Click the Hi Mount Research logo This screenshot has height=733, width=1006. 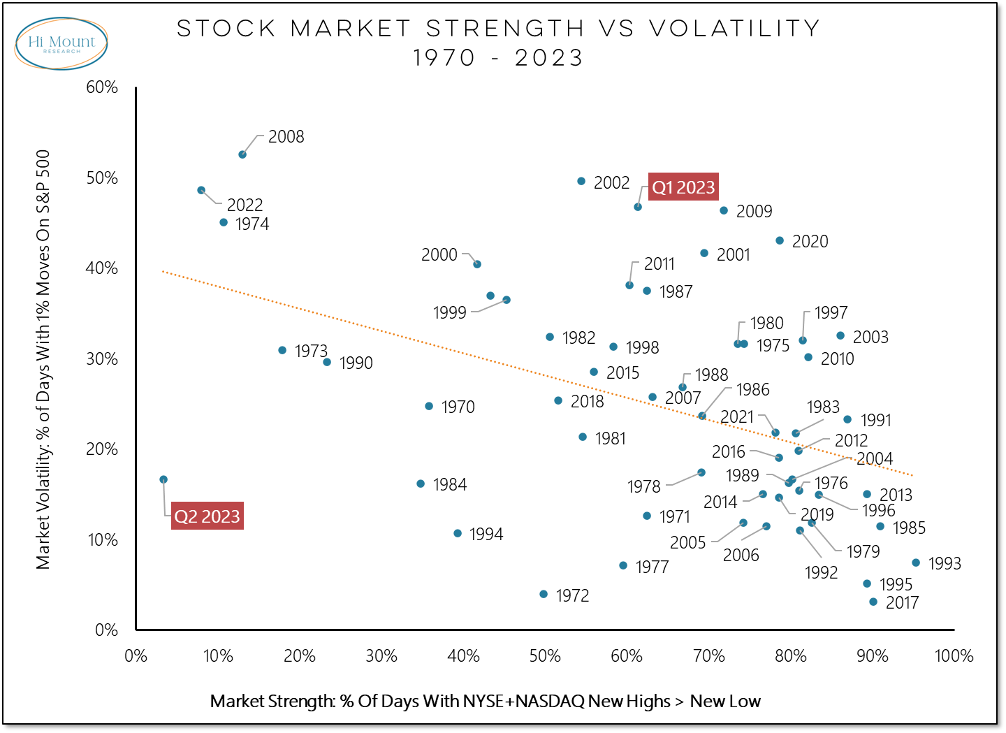point(61,44)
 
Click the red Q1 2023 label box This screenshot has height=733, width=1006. point(683,187)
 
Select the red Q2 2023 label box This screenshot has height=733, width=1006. point(207,516)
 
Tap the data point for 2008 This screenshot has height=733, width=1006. point(242,154)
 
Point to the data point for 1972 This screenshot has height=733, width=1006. point(544,594)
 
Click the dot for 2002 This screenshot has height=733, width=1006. point(581,181)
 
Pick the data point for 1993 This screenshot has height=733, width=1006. point(916,563)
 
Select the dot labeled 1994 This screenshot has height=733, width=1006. point(458,533)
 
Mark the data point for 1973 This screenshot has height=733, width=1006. point(282,350)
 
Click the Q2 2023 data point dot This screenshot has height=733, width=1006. point(163,479)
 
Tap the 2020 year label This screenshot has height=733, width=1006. point(810,242)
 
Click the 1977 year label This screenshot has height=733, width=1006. point(652,567)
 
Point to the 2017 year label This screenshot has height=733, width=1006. point(902,602)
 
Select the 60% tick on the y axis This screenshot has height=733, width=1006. point(102,87)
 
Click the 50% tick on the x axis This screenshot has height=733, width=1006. point(545,656)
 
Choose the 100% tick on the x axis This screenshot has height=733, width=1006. point(954,656)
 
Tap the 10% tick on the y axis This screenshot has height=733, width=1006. point(102,540)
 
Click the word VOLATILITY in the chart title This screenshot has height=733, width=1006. point(735,29)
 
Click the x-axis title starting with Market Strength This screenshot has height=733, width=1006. point(485,702)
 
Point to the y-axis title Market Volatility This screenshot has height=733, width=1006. point(43,359)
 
